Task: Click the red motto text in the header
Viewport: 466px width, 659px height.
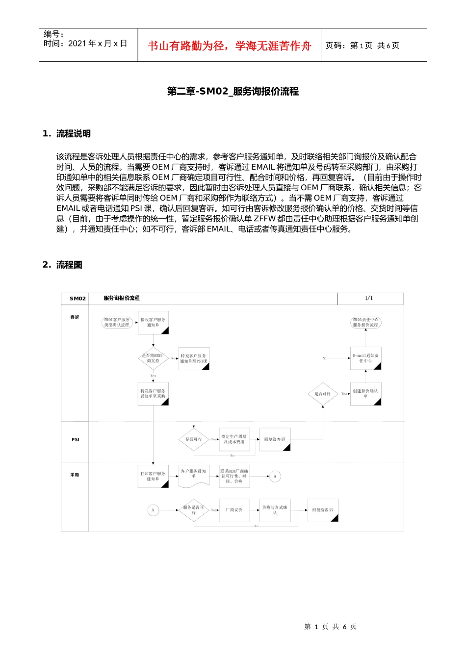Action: tap(229, 46)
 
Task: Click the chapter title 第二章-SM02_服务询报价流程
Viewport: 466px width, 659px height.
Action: tap(233, 91)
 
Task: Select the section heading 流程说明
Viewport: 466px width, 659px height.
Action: tap(73, 134)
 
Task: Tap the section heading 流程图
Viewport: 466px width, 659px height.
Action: tap(69, 265)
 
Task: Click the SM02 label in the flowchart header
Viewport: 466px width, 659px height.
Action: tap(78, 298)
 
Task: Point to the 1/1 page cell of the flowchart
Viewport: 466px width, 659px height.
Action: tap(369, 298)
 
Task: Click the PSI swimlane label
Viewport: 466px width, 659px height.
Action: tap(75, 439)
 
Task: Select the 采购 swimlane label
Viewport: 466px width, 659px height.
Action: tap(75, 475)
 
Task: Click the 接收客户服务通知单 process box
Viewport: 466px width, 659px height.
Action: tap(153, 323)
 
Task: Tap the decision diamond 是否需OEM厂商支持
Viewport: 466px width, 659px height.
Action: tap(153, 358)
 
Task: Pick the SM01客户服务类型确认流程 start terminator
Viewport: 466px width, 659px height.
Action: tap(117, 323)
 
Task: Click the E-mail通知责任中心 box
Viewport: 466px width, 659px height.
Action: tap(366, 358)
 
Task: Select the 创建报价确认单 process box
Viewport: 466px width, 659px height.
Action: tap(366, 393)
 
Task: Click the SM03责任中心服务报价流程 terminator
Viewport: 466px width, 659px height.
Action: tap(366, 323)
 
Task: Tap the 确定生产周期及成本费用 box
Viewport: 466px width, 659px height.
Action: tap(234, 439)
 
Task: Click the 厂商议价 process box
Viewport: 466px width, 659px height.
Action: tap(234, 510)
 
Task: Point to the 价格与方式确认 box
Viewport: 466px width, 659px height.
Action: tap(275, 510)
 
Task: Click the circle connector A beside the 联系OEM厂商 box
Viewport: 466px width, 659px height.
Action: tap(275, 476)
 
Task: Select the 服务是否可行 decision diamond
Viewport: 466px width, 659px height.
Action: tap(194, 510)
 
